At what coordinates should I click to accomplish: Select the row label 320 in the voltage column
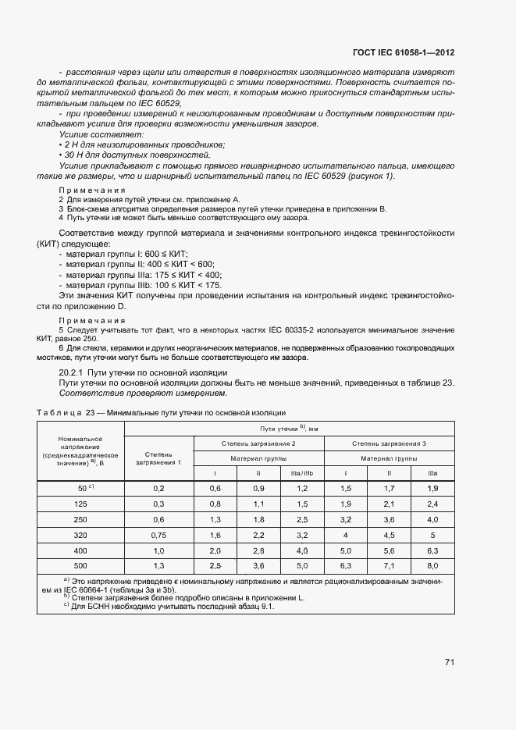point(81,536)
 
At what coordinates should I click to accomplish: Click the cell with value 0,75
point(158,536)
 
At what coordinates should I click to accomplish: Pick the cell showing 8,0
point(432,564)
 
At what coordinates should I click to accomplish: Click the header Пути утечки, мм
point(290,429)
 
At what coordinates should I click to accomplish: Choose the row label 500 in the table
point(81,564)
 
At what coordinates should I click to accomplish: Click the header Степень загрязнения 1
point(158,458)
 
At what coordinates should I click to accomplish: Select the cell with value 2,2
point(258,536)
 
